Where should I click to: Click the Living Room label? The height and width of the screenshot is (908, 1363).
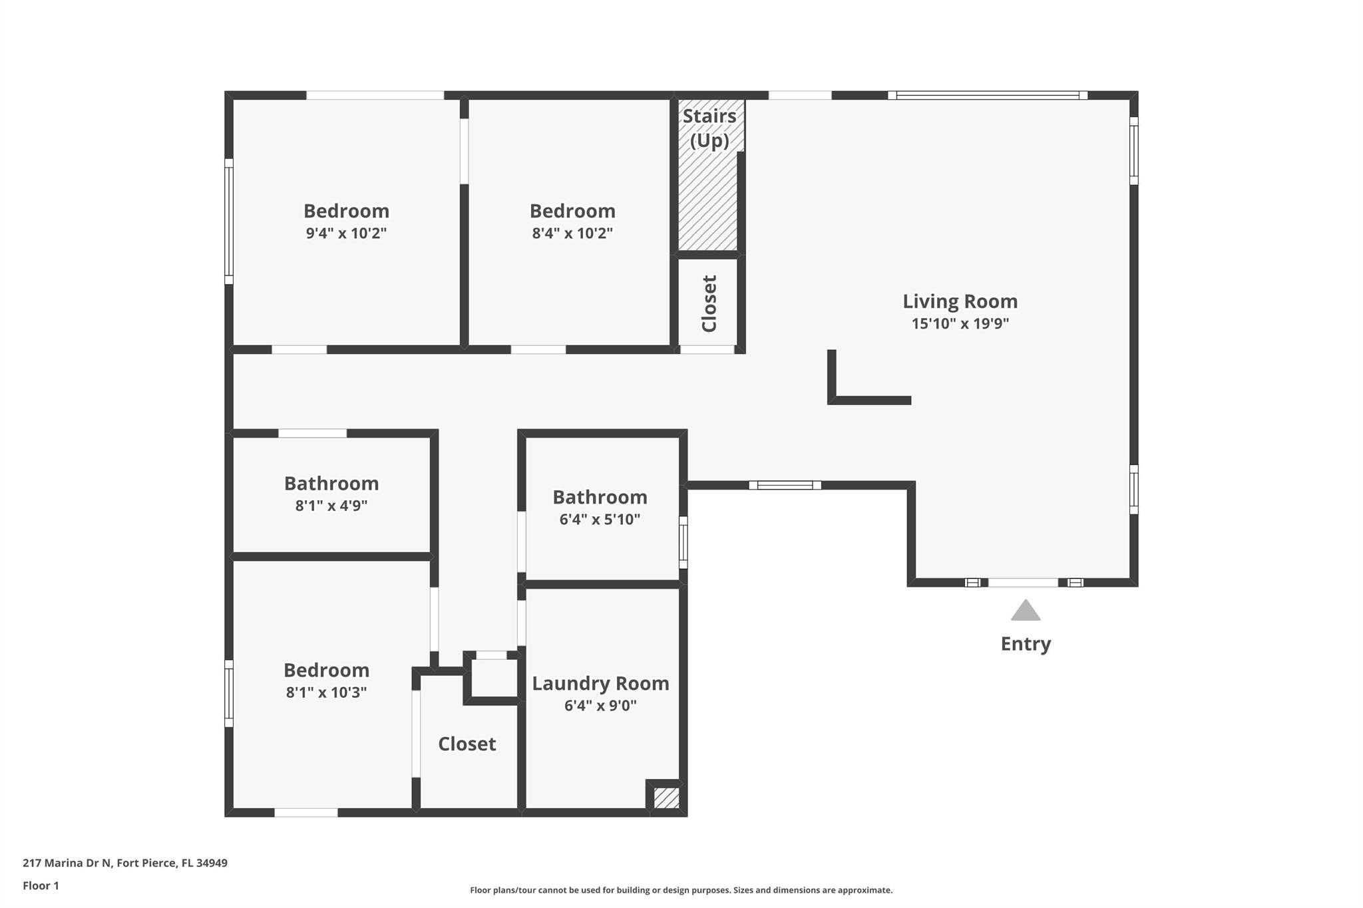point(960,301)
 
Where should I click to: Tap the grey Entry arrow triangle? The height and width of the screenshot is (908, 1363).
point(1026,610)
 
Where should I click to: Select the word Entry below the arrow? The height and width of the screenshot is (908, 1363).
point(1026,644)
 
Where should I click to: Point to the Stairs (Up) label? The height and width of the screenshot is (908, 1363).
point(709,128)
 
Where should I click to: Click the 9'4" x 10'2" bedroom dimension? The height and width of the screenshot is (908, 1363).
point(346,233)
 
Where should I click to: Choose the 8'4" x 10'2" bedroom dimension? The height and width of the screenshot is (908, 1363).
point(572,233)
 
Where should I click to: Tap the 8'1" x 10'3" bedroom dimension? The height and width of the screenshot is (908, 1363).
point(326,692)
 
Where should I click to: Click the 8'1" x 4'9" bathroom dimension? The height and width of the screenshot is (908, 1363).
point(331,506)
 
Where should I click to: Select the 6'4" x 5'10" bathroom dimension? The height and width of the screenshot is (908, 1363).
point(600,520)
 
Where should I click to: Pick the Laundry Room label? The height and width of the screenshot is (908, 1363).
point(600,683)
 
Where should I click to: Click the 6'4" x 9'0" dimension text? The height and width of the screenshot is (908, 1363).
point(600,706)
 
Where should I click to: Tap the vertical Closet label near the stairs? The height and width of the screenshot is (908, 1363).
point(709,304)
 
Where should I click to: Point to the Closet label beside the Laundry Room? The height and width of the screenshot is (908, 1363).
point(467,744)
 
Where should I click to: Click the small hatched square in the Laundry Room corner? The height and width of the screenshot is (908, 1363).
point(666,798)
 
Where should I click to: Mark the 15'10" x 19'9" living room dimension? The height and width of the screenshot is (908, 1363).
point(960,324)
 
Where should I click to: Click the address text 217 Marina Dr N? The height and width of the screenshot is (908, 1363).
point(67,863)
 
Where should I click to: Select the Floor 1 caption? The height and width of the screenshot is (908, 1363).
point(41,885)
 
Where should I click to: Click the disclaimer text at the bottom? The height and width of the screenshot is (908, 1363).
point(681,890)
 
